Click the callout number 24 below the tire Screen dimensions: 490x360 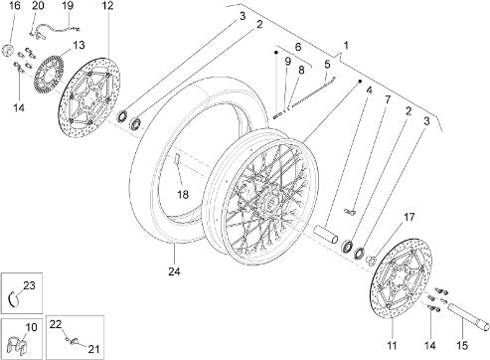coord(174,271)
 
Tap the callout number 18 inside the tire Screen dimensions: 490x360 coord(183,194)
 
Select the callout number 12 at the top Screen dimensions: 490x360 coord(107,6)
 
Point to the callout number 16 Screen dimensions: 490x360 coord(14,6)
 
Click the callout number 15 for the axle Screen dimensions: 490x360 coord(462,346)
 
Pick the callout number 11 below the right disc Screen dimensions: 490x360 coord(392,346)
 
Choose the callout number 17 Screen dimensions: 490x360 coord(409,217)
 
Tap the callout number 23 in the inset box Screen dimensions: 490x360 coord(29,285)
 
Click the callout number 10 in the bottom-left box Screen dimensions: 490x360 coord(32,327)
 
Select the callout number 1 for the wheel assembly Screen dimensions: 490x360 coord(346,46)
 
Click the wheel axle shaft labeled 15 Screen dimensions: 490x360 coord(468,316)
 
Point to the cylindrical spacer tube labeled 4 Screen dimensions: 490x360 coord(326,234)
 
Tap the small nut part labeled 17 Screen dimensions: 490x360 coord(372,260)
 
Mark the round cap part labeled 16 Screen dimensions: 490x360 coord(8,51)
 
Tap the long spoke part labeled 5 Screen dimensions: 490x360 coord(313,92)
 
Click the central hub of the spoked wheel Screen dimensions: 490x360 coord(265,200)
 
